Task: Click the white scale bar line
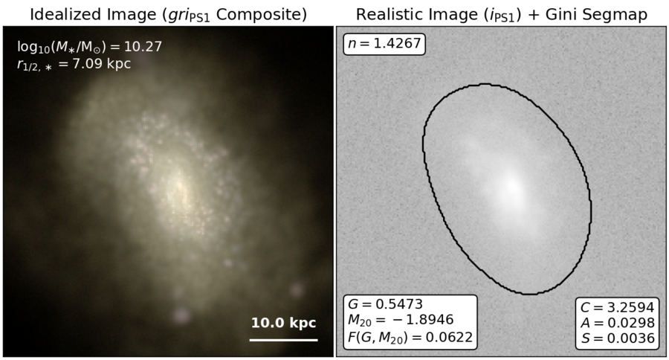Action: click(284, 340)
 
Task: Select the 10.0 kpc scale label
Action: click(284, 323)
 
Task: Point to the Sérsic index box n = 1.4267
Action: click(384, 44)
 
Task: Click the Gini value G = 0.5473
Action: click(385, 304)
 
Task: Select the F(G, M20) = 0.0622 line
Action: click(410, 337)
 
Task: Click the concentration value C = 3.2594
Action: click(618, 307)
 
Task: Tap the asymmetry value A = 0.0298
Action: click(618, 323)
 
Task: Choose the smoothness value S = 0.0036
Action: click(618, 338)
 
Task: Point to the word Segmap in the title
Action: click(618, 15)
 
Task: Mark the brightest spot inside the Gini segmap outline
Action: click(511, 186)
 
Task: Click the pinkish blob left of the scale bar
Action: click(181, 315)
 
